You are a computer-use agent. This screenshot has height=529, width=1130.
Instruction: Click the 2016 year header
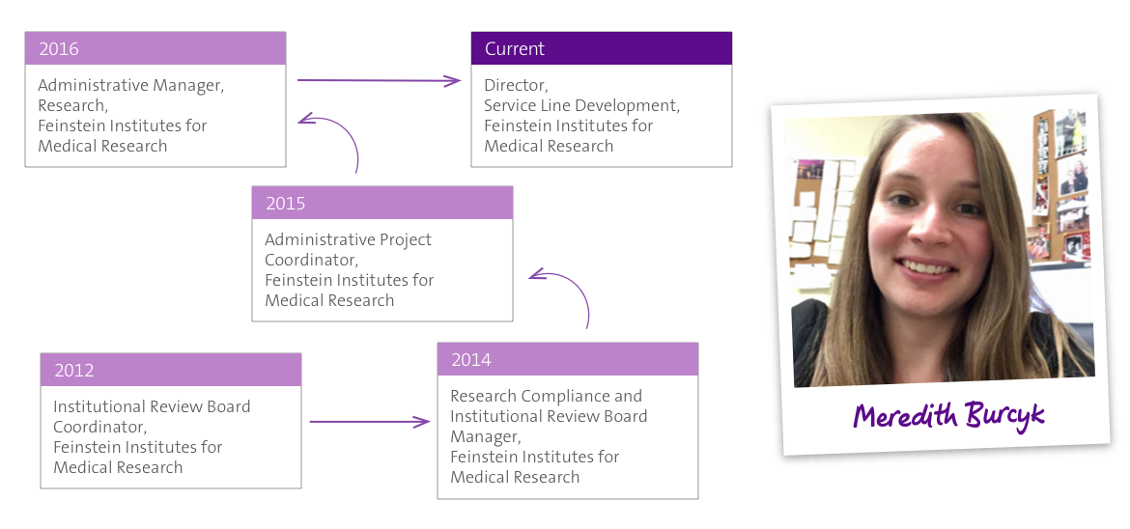coord(59,49)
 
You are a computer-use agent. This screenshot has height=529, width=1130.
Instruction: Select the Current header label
coord(515,49)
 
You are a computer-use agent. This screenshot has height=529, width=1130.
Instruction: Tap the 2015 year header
coord(285,204)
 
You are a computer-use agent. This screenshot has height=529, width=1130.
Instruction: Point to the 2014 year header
coord(471,360)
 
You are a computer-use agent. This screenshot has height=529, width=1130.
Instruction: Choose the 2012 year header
coord(73,371)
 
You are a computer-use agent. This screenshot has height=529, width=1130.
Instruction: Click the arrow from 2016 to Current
coord(379,81)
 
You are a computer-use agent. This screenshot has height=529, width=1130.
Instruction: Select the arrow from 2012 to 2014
coord(370,423)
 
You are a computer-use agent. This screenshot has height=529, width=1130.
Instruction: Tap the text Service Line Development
coord(581,106)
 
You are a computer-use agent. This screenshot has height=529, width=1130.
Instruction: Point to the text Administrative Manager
coord(131,86)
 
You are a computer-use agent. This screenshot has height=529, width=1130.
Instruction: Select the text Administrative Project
coord(348,240)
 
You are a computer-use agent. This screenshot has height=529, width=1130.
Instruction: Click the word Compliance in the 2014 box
coord(565,397)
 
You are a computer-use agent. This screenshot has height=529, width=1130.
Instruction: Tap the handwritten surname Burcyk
coord(1003,416)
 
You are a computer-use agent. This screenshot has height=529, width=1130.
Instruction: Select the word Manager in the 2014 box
coord(484,436)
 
